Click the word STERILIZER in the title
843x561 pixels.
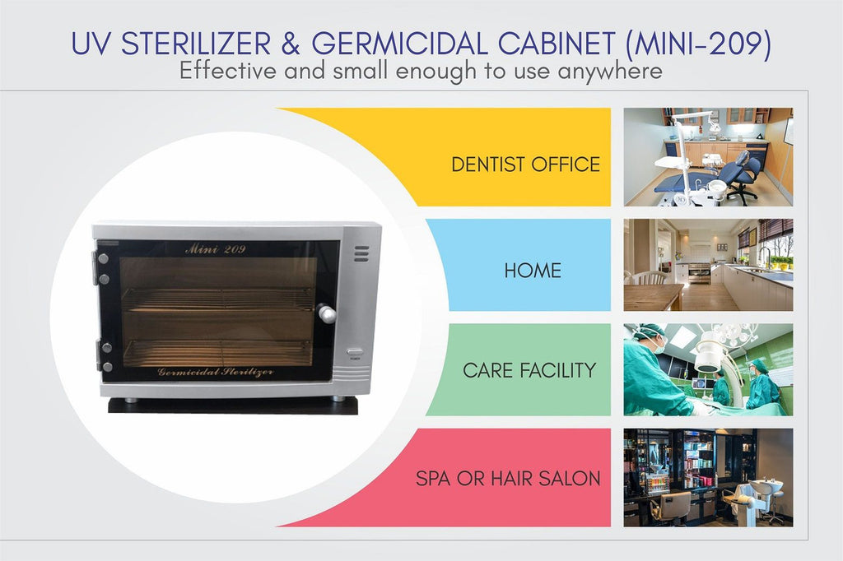[x=195, y=44]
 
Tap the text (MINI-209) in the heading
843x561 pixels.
[x=698, y=44]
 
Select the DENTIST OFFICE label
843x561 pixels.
[x=525, y=165]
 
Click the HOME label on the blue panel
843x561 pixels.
[x=533, y=271]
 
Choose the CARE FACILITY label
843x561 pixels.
[x=529, y=370]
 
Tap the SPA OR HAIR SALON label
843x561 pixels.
[x=507, y=478]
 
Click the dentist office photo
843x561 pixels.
[x=708, y=157]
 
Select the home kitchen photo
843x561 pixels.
[x=708, y=264]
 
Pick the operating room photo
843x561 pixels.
[x=708, y=369]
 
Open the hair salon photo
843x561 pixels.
[x=708, y=478]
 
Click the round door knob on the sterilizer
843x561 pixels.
[x=326, y=313]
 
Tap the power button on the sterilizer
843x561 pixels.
[x=355, y=352]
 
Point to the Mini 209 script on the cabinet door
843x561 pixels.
[x=215, y=248]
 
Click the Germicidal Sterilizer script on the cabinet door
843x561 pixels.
[x=216, y=372]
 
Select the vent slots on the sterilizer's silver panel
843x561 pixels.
[x=361, y=254]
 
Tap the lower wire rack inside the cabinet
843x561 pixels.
[x=217, y=351]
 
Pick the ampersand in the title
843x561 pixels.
[x=291, y=44]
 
